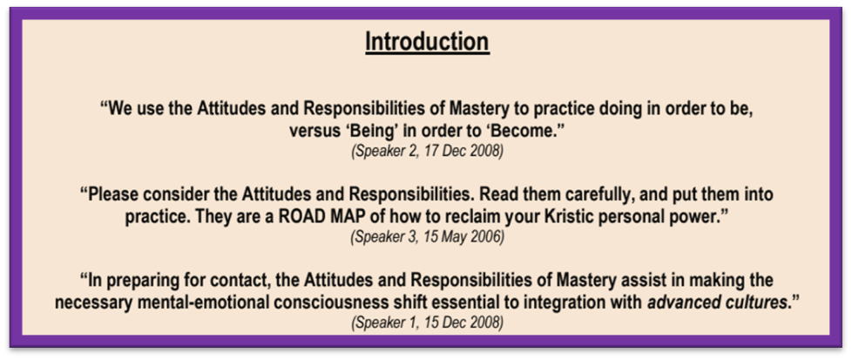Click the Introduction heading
pyautogui.click(x=427, y=42)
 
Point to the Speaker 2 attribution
pyautogui.click(x=382, y=151)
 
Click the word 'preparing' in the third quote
pyautogui.click(x=137, y=281)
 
